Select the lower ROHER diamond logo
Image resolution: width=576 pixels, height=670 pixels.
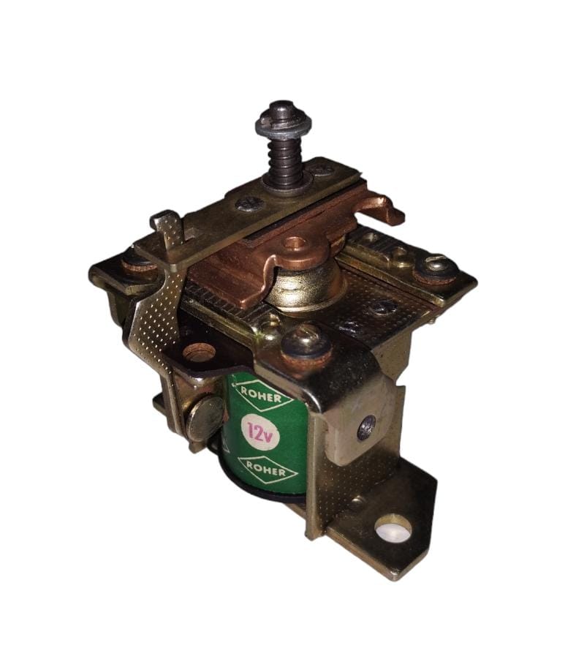point(268,470)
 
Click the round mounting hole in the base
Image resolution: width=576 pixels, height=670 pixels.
point(393,532)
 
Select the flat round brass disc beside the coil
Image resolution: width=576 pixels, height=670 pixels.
point(204,418)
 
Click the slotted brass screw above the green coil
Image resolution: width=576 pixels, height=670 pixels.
point(306,344)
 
